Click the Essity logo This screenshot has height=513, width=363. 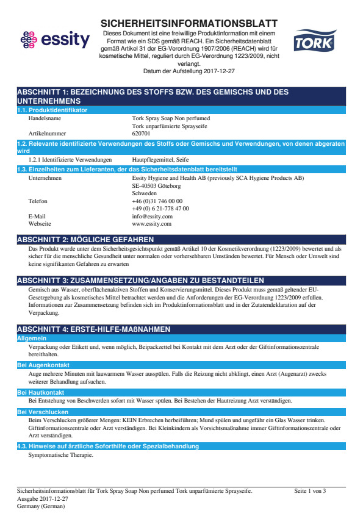point(54,40)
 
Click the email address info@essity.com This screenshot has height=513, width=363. point(152,216)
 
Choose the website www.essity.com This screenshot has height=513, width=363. point(151,224)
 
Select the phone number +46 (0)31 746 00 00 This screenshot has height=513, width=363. point(157,201)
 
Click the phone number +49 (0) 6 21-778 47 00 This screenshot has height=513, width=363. point(160,208)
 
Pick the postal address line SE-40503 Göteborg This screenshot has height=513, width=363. point(156,185)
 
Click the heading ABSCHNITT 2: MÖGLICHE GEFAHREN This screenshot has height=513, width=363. point(85,240)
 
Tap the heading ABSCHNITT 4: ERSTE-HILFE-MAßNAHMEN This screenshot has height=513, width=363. point(93,329)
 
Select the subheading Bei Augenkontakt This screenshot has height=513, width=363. point(43,365)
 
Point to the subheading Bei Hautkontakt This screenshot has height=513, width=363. point(40,393)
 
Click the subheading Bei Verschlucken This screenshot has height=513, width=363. point(43,412)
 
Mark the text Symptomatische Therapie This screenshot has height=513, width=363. point(61,455)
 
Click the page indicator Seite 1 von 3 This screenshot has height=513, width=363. point(310,491)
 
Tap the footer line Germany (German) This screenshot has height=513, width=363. point(39,506)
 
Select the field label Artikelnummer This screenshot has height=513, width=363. point(48,133)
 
